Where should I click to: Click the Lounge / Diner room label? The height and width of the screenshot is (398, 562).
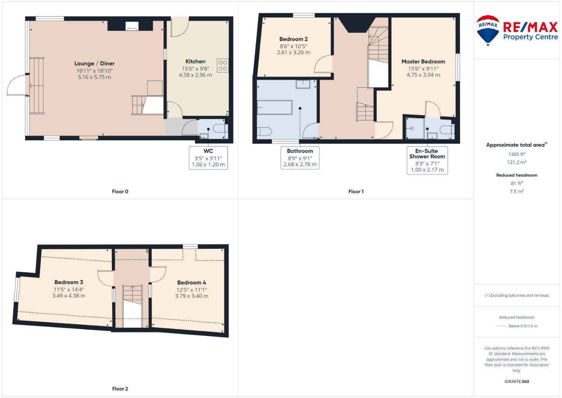click(x=94, y=63)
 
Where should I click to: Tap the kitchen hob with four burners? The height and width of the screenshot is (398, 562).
click(x=223, y=65)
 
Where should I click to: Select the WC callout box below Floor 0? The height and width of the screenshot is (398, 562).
click(x=208, y=158)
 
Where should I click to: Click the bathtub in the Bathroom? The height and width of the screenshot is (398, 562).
click(x=275, y=108)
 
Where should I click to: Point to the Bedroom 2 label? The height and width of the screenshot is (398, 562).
click(x=294, y=39)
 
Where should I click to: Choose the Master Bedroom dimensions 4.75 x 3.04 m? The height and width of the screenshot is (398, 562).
click(x=423, y=75)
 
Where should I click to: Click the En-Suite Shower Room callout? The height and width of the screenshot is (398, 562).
click(x=427, y=160)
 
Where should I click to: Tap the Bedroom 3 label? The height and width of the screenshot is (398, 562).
click(x=69, y=282)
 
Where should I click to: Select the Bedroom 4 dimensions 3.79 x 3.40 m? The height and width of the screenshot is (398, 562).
click(x=192, y=296)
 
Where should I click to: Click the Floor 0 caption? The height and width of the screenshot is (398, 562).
click(x=120, y=192)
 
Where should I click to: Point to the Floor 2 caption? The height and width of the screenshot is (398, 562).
click(x=120, y=389)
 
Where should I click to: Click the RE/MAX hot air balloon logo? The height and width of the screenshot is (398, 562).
click(x=488, y=30)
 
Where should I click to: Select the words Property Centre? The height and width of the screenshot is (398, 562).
click(x=530, y=37)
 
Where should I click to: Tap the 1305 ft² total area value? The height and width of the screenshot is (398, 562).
click(x=517, y=154)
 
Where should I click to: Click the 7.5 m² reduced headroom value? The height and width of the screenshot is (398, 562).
click(x=517, y=191)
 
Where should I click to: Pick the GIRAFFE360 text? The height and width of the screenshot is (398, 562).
click(x=517, y=381)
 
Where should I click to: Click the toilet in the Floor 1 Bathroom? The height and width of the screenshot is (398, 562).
click(x=264, y=132)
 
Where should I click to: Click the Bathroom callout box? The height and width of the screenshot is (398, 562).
click(x=300, y=158)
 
